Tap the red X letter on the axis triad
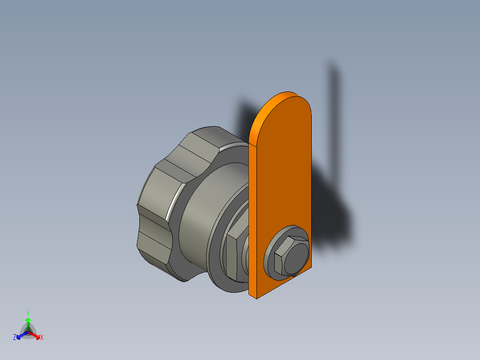click(42, 338)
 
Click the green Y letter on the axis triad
click(28, 313)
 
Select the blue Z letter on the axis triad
click(15, 338)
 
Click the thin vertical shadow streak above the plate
click(334, 102)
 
